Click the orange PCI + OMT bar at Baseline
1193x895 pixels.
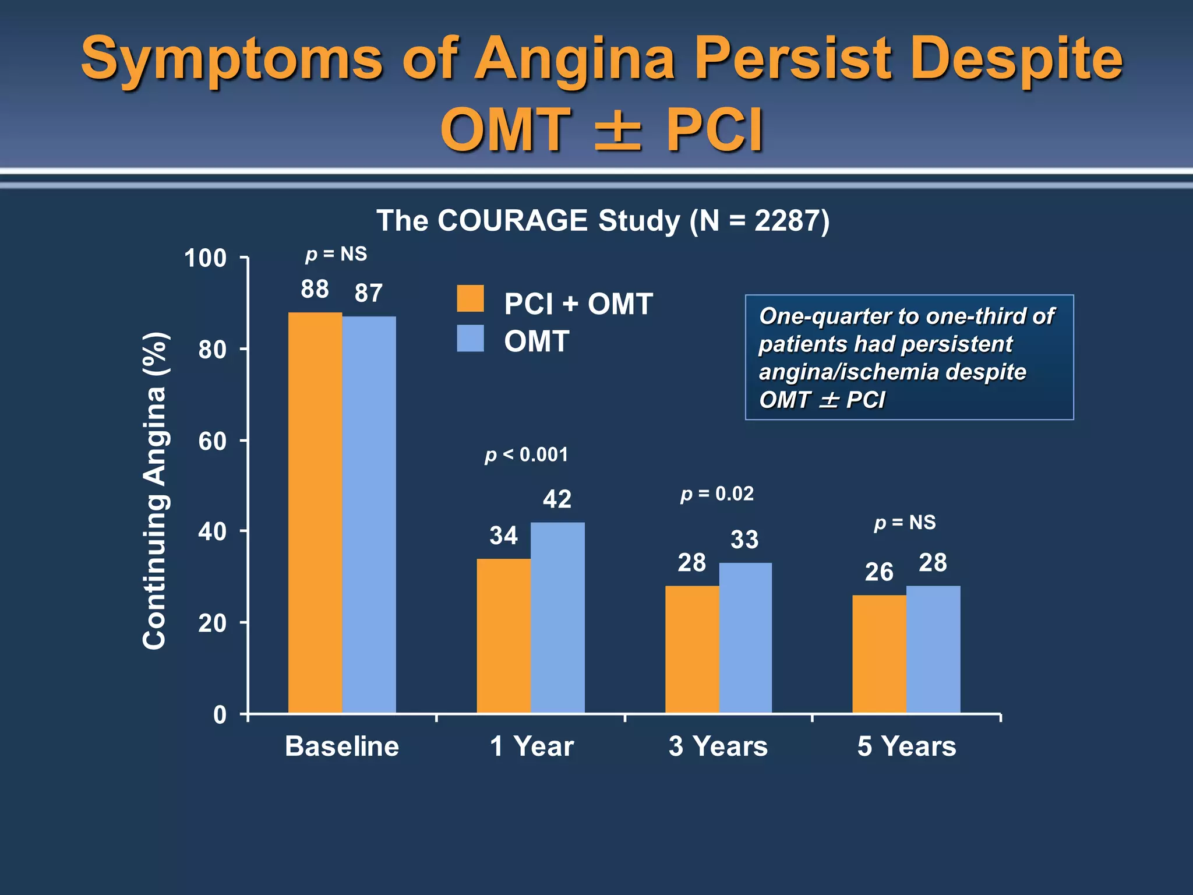tap(315, 513)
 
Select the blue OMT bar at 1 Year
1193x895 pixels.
tap(557, 618)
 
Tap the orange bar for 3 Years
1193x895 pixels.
tap(692, 649)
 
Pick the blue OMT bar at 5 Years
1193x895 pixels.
tap(933, 649)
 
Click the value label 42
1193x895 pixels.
tap(557, 499)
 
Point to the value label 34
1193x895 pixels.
tap(503, 535)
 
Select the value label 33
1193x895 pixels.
tap(744, 540)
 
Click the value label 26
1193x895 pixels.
tap(878, 572)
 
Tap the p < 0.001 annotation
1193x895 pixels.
tap(526, 454)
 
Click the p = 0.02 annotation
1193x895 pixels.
tap(717, 494)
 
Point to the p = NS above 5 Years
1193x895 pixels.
tap(905, 523)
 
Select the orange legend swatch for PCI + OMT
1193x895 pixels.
tap(470, 298)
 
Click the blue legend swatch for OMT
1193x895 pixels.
tap(470, 338)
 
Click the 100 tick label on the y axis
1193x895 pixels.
tap(205, 258)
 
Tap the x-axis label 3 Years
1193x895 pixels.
tap(718, 746)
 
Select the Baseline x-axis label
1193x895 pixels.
tap(342, 746)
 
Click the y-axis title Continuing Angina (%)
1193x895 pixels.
tap(155, 491)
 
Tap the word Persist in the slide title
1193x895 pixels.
tap(793, 58)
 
